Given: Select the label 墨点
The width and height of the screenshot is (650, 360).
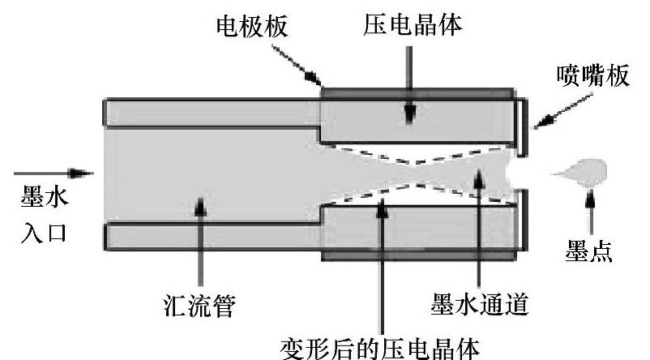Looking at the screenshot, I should [x=589, y=254].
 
